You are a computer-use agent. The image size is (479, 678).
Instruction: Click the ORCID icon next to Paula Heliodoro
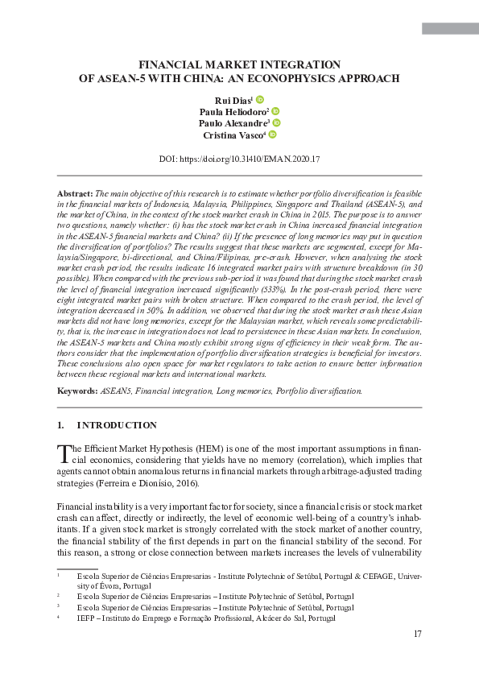(275, 111)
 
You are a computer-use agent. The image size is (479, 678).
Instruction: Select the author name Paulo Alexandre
(233, 123)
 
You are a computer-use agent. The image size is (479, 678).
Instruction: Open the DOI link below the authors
(240, 159)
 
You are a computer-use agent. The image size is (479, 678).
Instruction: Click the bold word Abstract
(75, 195)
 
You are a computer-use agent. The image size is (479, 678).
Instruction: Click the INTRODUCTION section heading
(116, 425)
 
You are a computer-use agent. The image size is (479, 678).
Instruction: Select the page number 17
(416, 635)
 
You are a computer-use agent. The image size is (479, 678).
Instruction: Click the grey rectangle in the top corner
(449, 29)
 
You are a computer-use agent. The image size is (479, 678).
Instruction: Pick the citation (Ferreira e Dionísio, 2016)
(151, 483)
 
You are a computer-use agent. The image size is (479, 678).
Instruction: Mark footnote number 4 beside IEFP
(59, 618)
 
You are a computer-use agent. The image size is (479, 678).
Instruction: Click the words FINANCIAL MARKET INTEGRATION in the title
(239, 64)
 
